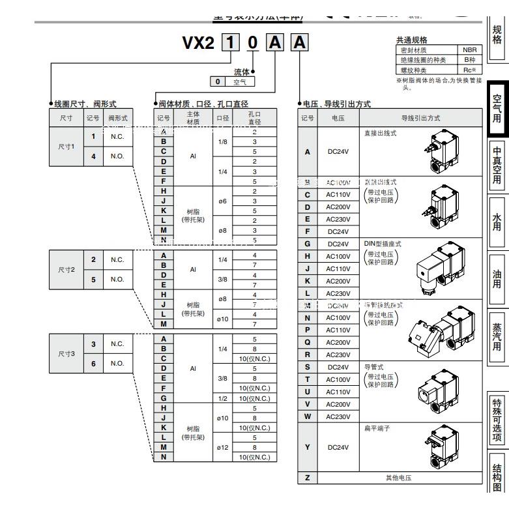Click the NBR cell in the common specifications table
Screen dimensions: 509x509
pos(469,50)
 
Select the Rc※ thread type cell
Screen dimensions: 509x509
pos(469,70)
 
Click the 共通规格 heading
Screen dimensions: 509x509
pos(412,40)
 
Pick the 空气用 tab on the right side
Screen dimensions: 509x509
pos(497,108)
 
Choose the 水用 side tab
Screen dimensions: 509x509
pos(497,222)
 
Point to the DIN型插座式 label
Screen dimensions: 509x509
pos(383,243)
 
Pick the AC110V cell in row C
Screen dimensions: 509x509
pos(338,195)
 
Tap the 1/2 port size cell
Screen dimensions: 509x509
pos(223,398)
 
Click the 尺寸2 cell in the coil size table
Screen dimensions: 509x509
pos(66,269)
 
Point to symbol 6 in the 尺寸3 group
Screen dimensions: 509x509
pos(93,363)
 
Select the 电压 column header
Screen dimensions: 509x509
pos(338,118)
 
